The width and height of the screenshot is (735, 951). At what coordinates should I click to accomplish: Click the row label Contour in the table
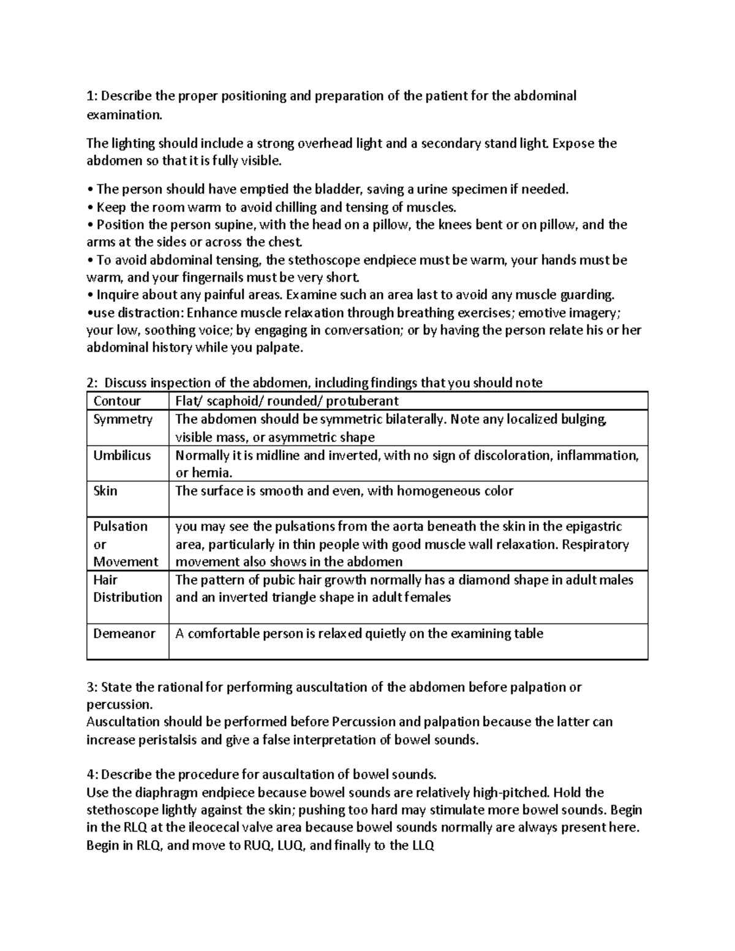tap(116, 401)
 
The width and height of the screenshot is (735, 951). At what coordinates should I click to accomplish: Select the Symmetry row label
tap(123, 419)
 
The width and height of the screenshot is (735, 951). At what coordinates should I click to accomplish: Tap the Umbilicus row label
tap(122, 456)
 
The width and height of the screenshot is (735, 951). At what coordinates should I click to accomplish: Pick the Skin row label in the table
tap(105, 491)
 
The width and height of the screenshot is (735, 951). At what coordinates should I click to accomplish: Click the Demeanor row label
tap(124, 634)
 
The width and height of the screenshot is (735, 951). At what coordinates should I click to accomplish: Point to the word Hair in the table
tap(105, 580)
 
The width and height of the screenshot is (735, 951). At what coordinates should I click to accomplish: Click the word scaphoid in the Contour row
tap(233, 401)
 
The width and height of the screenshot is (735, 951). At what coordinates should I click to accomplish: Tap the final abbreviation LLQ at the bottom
tap(422, 846)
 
